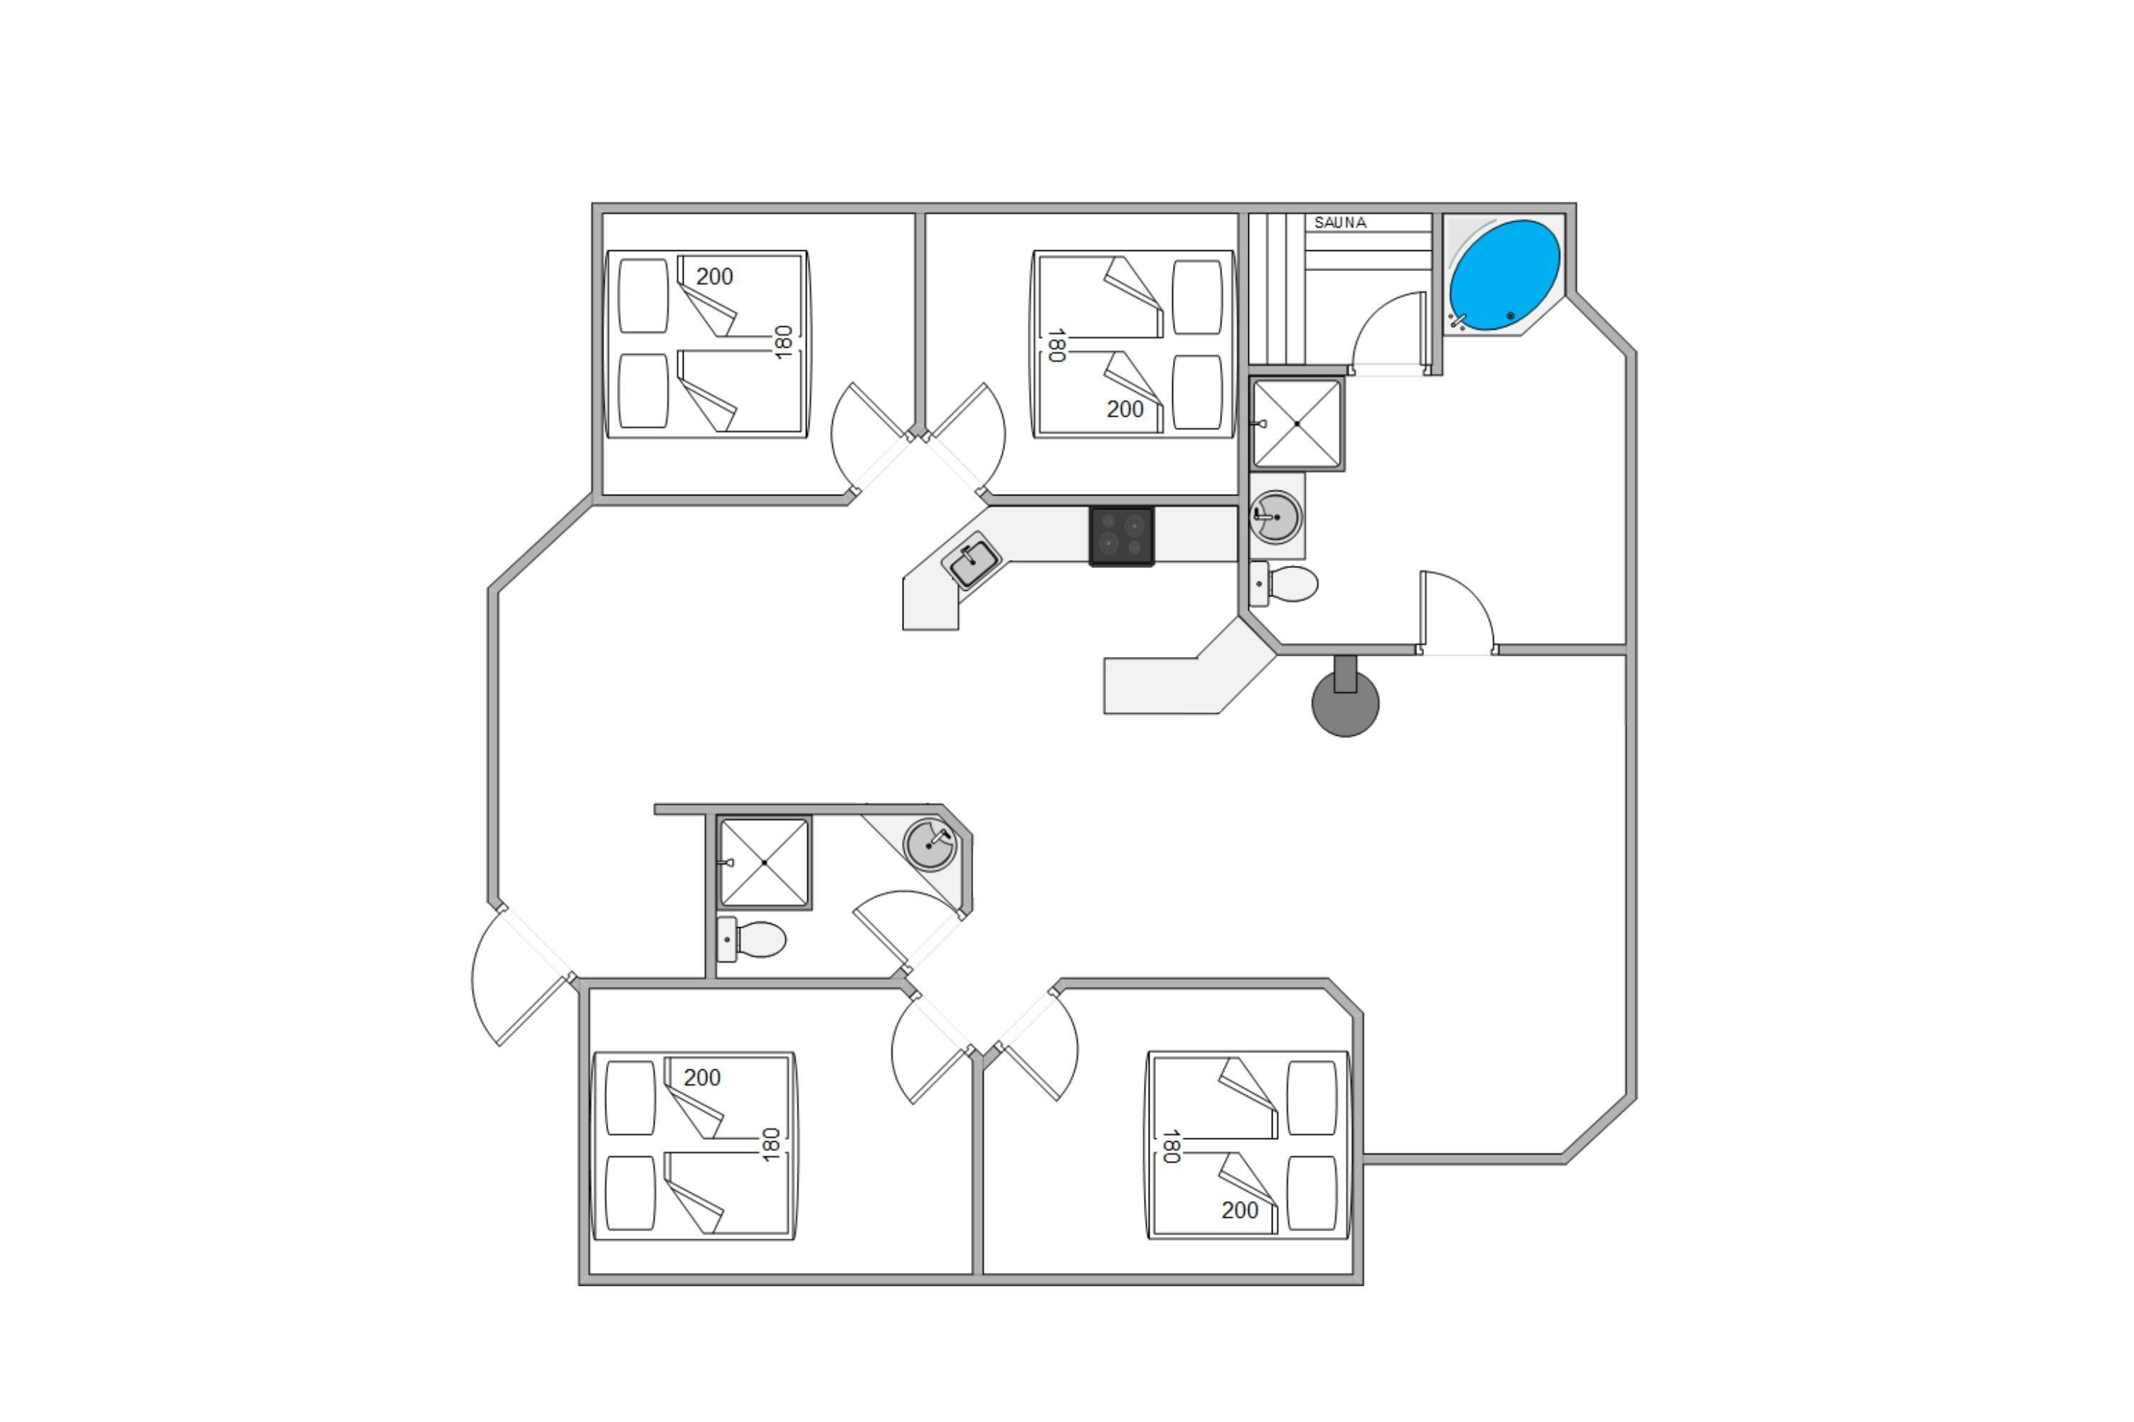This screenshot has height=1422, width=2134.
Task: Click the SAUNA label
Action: click(1339, 222)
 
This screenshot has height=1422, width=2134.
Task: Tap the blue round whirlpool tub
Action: click(1504, 274)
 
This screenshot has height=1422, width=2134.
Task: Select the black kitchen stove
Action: click(1122, 536)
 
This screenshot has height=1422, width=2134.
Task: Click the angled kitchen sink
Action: click(971, 560)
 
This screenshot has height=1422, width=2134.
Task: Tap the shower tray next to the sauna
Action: click(1297, 424)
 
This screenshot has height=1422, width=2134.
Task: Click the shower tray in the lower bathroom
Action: click(764, 862)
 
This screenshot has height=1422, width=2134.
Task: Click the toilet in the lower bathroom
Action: click(753, 939)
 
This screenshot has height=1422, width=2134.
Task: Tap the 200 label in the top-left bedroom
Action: click(714, 277)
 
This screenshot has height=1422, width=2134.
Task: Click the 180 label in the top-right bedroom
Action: click(1055, 346)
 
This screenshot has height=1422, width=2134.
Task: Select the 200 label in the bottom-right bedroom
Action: click(1239, 1210)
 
